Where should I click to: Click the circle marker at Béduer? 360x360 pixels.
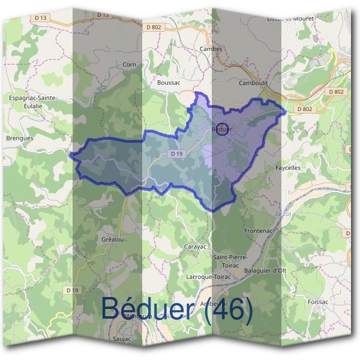click(221, 130)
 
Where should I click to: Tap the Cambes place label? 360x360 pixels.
click(211, 49)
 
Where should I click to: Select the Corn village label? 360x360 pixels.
click(129, 64)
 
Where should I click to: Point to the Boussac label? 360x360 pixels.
click(168, 82)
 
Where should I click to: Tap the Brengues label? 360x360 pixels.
click(19, 137)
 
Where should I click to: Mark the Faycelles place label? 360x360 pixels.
click(288, 168)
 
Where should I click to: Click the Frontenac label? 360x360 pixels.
click(259, 231)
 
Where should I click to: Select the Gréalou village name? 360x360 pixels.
click(112, 239)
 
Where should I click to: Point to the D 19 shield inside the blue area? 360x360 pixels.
click(176, 154)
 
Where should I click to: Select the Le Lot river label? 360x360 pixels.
click(282, 213)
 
